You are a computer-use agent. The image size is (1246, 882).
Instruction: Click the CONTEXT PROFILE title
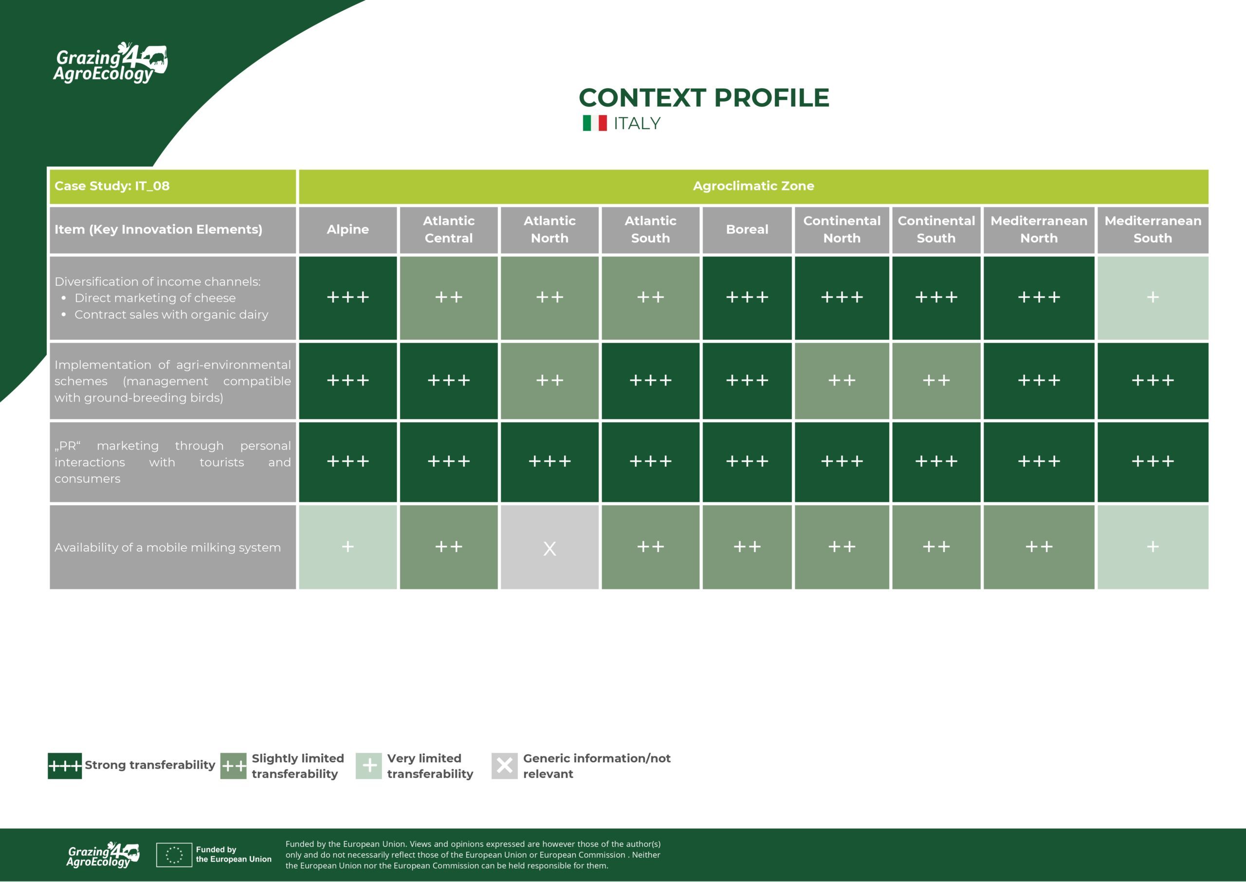[x=704, y=98]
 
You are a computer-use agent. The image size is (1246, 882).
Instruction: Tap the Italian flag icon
[x=594, y=123]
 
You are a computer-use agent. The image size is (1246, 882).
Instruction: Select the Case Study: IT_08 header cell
[x=173, y=186]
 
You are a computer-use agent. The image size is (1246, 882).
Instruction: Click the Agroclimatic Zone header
[x=753, y=186]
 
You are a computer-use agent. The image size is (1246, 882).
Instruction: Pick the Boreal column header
[x=747, y=230]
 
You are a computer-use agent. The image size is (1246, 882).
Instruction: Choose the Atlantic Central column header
[x=448, y=230]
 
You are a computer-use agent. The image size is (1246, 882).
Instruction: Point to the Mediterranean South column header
[x=1153, y=230]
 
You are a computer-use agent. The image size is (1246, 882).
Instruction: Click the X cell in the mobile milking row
[x=550, y=548]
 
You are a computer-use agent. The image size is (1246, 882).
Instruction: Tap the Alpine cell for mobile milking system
[x=348, y=548]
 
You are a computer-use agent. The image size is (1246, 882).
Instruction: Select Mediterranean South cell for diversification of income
[x=1153, y=297]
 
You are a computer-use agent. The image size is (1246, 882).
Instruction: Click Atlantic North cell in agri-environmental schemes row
[x=550, y=381]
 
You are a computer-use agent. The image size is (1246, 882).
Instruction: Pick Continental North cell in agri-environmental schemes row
[x=842, y=381]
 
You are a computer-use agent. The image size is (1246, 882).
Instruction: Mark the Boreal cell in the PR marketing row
[x=747, y=461]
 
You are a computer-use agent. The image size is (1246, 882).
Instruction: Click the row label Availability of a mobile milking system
[x=168, y=548]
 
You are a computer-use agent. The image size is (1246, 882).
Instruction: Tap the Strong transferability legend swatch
[x=65, y=766]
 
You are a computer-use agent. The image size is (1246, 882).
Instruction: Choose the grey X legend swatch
[x=504, y=766]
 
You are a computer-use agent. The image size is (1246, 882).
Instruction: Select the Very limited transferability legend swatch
[x=368, y=766]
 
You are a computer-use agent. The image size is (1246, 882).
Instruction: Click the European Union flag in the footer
[x=174, y=855]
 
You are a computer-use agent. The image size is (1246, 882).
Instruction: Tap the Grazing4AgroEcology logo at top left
[x=110, y=62]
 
